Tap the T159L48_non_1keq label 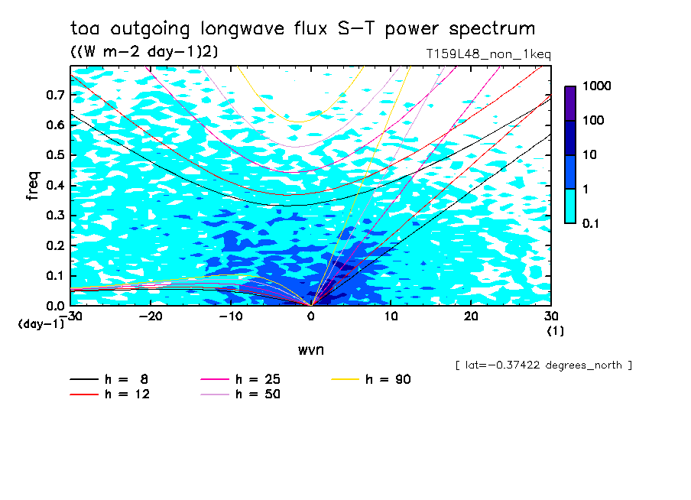(488, 54)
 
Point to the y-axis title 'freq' (33, 186)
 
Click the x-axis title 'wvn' (310, 349)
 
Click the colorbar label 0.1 (593, 223)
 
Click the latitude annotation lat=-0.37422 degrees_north (543, 365)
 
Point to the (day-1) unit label (42, 324)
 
